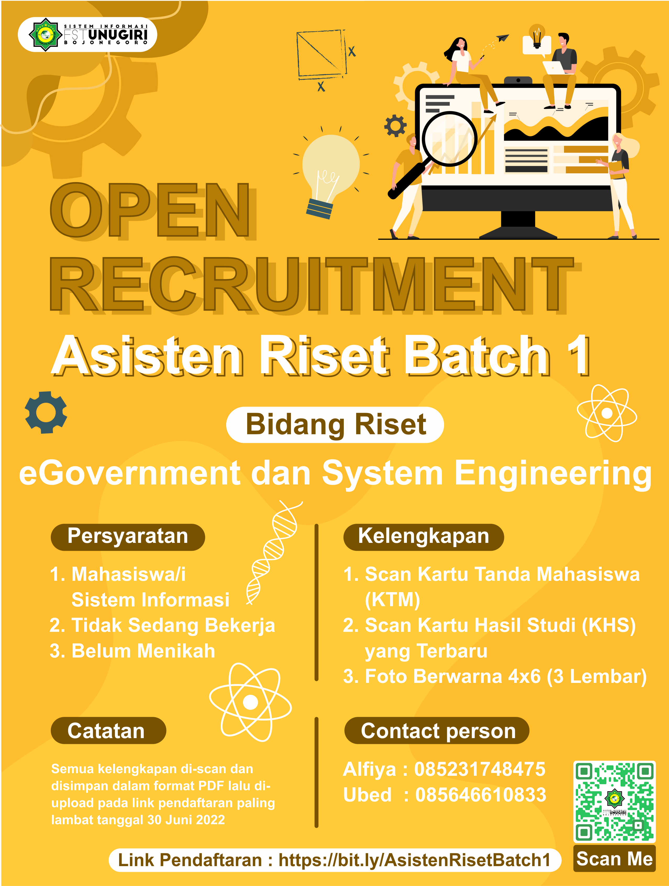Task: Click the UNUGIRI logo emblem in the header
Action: click(x=45, y=35)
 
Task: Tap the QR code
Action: click(x=614, y=801)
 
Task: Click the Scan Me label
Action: click(x=614, y=858)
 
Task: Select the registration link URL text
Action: click(x=414, y=860)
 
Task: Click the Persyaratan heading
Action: click(x=128, y=536)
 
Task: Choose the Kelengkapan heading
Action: click(x=423, y=536)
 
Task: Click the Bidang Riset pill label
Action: click(x=335, y=425)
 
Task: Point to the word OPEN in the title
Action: click(x=150, y=210)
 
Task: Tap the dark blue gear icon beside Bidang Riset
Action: click(x=46, y=412)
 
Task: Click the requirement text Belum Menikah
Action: click(x=143, y=651)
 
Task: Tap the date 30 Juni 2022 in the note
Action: click(x=186, y=820)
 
